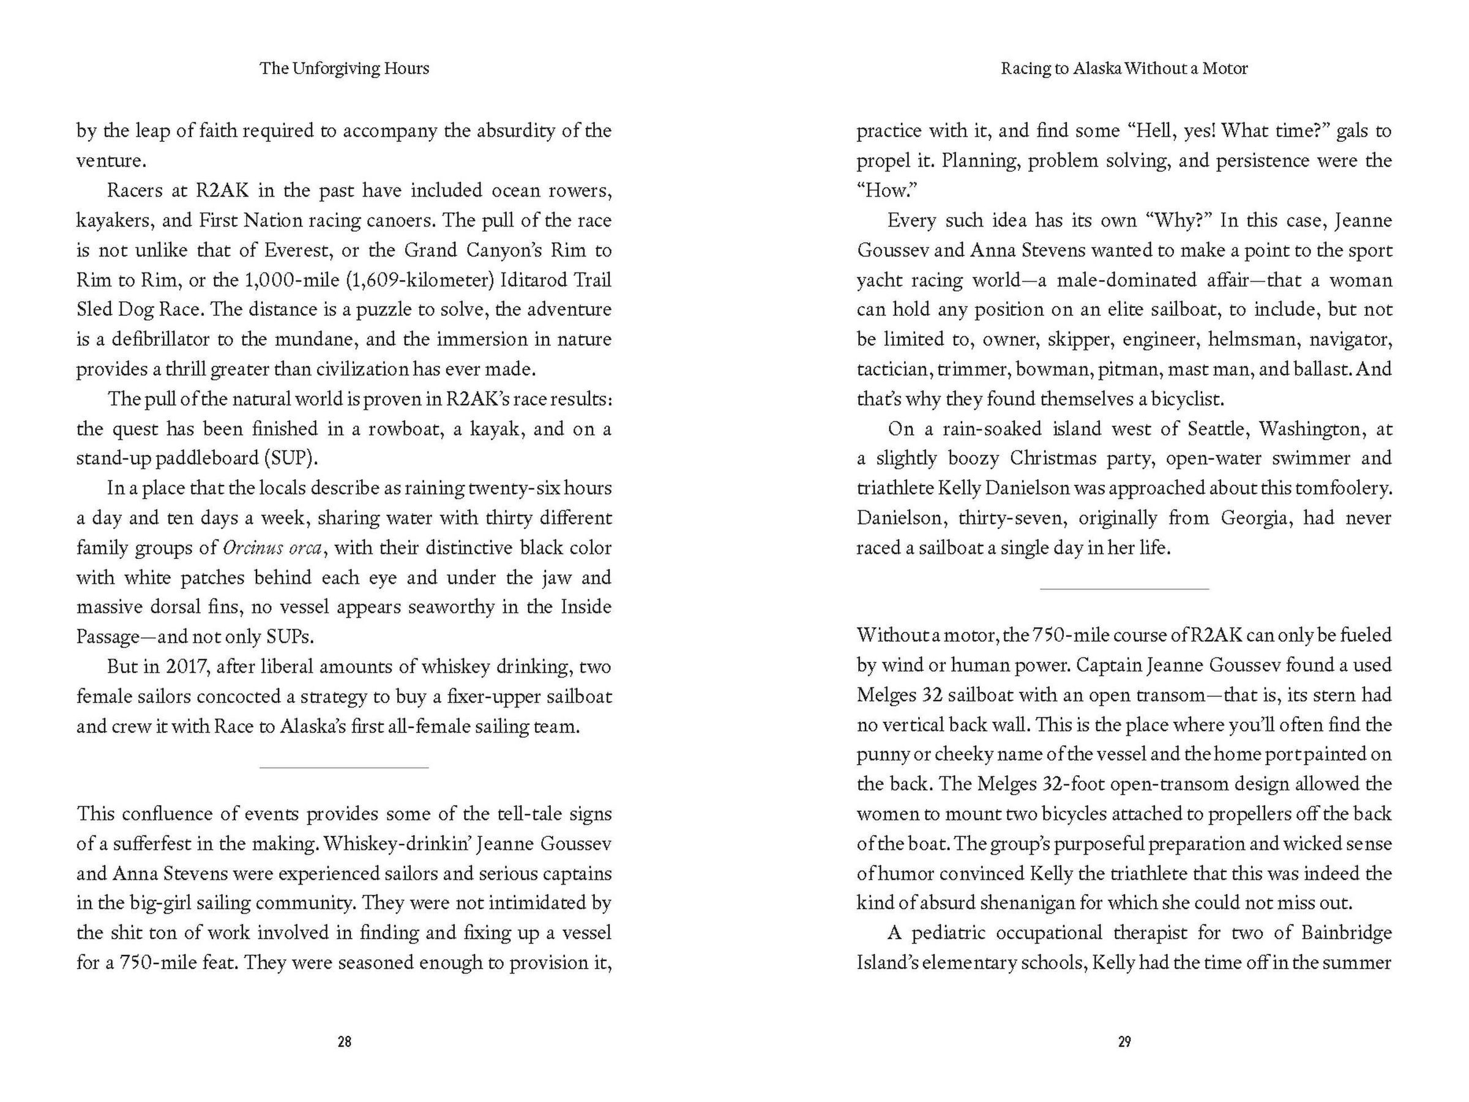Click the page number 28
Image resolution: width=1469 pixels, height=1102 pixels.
click(344, 1041)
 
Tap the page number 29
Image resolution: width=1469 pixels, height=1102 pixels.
click(1124, 1041)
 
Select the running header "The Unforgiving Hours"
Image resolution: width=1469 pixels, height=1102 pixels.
click(344, 69)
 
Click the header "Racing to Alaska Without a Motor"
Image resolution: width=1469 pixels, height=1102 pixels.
click(1124, 69)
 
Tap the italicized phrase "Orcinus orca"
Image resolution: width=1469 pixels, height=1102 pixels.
click(272, 548)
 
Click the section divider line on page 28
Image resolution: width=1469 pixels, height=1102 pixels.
click(344, 768)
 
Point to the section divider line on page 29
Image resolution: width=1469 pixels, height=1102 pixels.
click(1124, 589)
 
